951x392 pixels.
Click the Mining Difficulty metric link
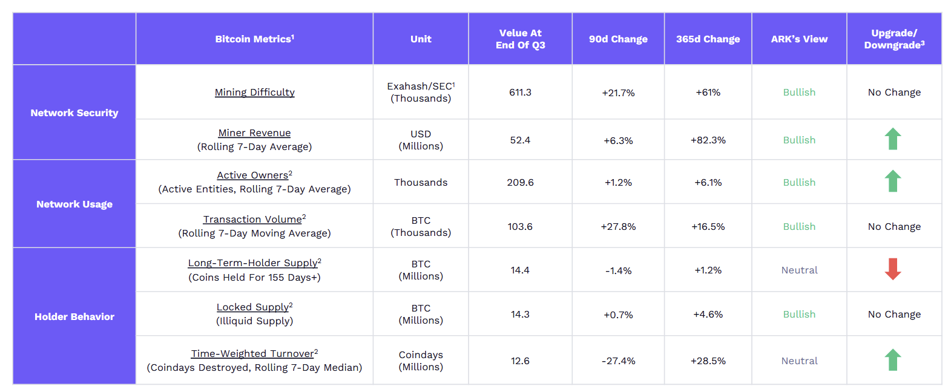254,92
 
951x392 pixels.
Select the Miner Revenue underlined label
254,133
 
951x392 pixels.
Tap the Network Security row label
74,113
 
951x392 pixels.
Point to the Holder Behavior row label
74,316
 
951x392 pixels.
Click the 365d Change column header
708,39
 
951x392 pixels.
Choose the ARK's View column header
799,39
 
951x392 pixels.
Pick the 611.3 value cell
520,93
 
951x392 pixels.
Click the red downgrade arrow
893,269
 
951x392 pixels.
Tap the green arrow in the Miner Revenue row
893,139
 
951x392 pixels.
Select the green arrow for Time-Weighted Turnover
893,360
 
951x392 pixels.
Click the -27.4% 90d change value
618,361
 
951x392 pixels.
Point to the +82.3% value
708,140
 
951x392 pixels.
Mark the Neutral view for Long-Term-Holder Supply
799,270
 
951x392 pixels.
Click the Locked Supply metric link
252,307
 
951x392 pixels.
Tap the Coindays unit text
421,355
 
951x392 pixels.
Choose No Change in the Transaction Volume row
894,227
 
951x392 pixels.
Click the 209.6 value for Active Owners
520,183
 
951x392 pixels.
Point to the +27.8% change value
618,227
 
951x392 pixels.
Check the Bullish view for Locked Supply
799,315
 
